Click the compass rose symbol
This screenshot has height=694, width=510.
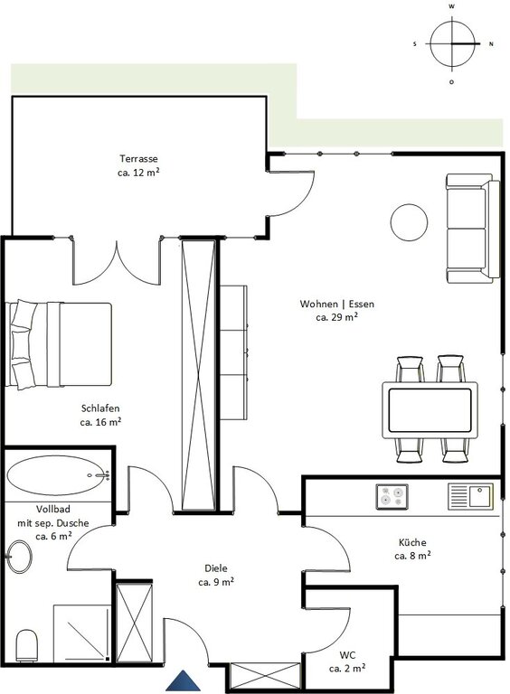(452, 44)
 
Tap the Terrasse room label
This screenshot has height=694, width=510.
(138, 158)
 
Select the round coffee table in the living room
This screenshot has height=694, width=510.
(409, 222)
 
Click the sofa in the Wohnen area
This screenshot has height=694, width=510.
(473, 229)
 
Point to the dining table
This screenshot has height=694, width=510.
(430, 410)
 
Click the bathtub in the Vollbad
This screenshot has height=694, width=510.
(58, 475)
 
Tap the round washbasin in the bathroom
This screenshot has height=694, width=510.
(19, 557)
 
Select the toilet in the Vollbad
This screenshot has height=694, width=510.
(27, 646)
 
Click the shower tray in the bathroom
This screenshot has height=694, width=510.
(81, 633)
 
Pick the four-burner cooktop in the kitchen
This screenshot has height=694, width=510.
(392, 497)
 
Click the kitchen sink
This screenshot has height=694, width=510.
(470, 496)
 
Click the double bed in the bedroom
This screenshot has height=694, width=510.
(59, 345)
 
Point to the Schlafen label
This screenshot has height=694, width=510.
(100, 408)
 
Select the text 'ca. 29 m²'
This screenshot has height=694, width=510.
(337, 317)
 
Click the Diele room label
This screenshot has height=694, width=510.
(216, 568)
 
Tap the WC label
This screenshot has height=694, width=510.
(347, 654)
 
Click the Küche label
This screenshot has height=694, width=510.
(412, 542)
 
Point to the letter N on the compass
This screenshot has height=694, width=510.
(491, 44)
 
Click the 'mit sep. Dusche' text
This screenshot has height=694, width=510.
(53, 523)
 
